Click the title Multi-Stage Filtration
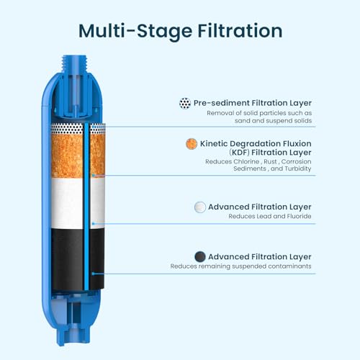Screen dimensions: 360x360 point(180,31)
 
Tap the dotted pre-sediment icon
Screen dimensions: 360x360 point(184,103)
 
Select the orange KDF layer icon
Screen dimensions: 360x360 point(192,143)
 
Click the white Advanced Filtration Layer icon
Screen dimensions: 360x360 point(200,207)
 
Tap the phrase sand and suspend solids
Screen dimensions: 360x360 point(270,123)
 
